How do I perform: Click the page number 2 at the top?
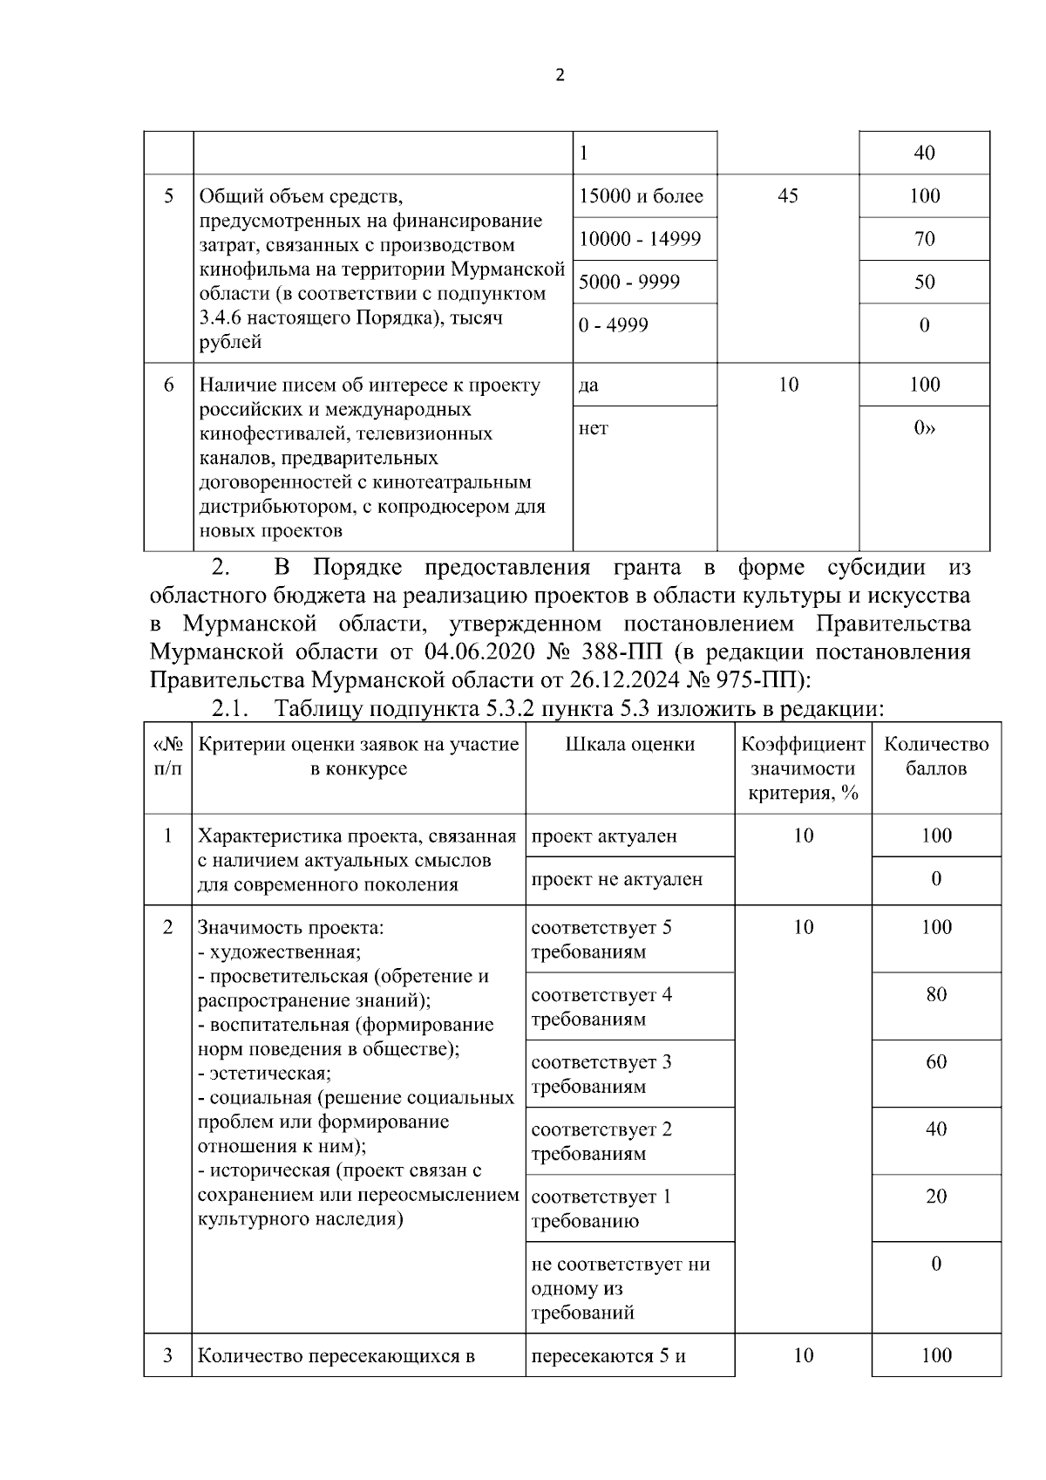tap(560, 75)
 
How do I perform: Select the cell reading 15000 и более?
tap(641, 196)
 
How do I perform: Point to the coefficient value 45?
tap(787, 196)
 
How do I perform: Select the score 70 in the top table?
tap(924, 239)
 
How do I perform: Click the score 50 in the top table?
tap(924, 282)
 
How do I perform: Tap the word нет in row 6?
tap(594, 428)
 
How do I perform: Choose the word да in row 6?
tap(588, 385)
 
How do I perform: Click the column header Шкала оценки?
tap(630, 744)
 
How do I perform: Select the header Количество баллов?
tap(936, 756)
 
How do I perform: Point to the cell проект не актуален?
tap(616, 879)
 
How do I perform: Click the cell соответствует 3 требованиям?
tap(601, 1074)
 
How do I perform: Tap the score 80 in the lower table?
tap(936, 994)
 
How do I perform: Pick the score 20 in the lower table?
tap(936, 1197)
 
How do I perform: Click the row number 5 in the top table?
tap(168, 196)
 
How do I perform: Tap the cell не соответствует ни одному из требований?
tap(621, 1287)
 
